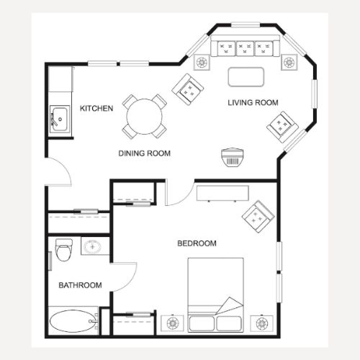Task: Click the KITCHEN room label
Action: pyautogui.click(x=96, y=108)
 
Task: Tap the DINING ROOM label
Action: pyautogui.click(x=145, y=153)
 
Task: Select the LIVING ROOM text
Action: pyautogui.click(x=253, y=103)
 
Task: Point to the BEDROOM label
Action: pyautogui.click(x=197, y=243)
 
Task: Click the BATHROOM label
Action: pyautogui.click(x=80, y=285)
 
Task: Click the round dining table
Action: pyautogui.click(x=145, y=117)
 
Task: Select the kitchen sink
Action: pyautogui.click(x=60, y=119)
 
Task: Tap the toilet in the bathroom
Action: pyautogui.click(x=64, y=250)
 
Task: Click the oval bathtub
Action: pyautogui.click(x=73, y=321)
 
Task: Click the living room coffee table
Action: pyautogui.click(x=246, y=77)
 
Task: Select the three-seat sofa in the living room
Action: pyautogui.click(x=245, y=46)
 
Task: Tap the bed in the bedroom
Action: pyautogui.click(x=215, y=295)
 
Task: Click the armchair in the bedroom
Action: pyautogui.click(x=258, y=217)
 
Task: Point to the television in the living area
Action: pyautogui.click(x=233, y=157)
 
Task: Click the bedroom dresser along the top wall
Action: pyautogui.click(x=222, y=193)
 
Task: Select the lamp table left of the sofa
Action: pyautogui.click(x=202, y=63)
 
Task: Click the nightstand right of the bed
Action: pyautogui.click(x=261, y=323)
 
